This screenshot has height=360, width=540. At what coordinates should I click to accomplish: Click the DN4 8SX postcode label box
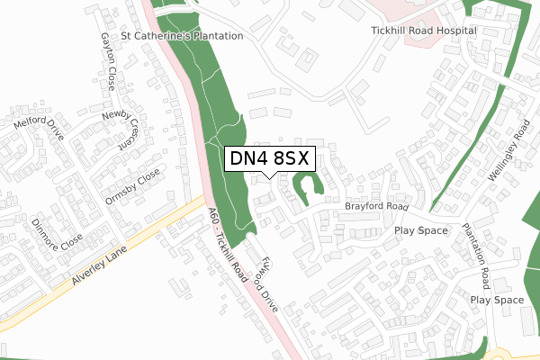269,158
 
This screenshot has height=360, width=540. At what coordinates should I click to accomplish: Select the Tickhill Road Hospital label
423,30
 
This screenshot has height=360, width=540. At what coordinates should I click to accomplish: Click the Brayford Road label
375,206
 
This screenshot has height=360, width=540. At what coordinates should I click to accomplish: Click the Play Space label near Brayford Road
420,230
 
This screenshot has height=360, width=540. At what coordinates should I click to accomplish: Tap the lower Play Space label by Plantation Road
497,300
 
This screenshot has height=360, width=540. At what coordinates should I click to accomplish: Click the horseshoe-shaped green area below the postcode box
308,189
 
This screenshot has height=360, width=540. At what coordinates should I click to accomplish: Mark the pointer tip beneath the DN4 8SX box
269,176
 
